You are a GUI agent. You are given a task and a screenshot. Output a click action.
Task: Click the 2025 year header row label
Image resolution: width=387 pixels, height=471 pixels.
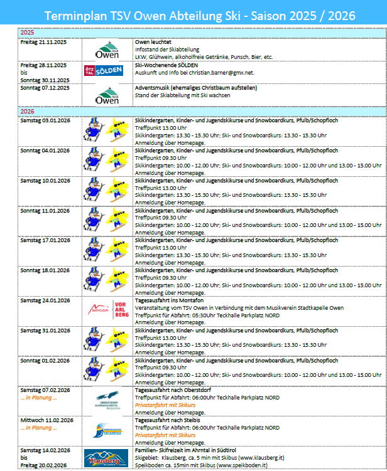pyautogui.click(x=27, y=32)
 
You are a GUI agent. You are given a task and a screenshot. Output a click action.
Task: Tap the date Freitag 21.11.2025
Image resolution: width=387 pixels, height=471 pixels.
pyautogui.click(x=45, y=41)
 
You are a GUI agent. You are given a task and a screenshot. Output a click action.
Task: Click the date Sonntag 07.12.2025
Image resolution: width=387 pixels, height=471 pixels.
pyautogui.click(x=45, y=88)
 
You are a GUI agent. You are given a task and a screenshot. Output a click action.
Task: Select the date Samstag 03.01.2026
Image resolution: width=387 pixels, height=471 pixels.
pyautogui.click(x=45, y=120)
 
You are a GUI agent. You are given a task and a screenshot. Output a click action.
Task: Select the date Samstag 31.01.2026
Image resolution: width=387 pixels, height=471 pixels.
pyautogui.click(x=45, y=331)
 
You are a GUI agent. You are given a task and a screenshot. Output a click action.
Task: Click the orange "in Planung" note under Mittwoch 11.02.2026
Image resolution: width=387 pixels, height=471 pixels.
pyautogui.click(x=38, y=428)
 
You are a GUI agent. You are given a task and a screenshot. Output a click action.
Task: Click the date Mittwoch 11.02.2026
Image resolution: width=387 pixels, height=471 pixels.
pyautogui.click(x=47, y=420)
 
